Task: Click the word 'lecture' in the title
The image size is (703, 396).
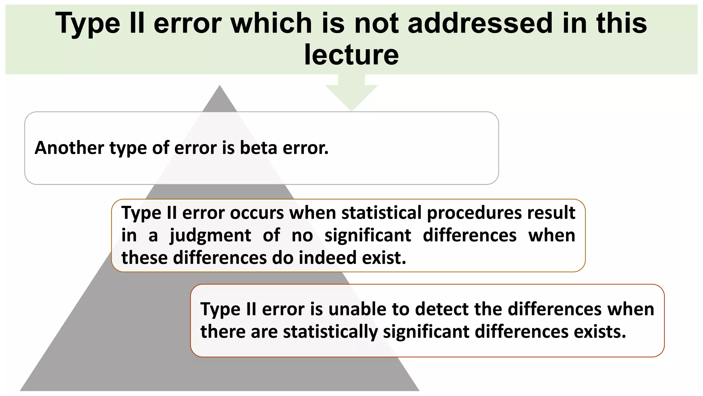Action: tap(351, 55)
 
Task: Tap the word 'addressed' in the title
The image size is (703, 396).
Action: tap(480, 23)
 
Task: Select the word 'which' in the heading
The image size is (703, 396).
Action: tap(271, 23)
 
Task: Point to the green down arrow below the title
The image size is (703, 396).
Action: tap(351, 95)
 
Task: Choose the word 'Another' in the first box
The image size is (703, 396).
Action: tap(69, 148)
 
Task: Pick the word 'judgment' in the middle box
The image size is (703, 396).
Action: tap(210, 236)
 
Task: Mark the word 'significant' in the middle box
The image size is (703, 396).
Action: tap(368, 236)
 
